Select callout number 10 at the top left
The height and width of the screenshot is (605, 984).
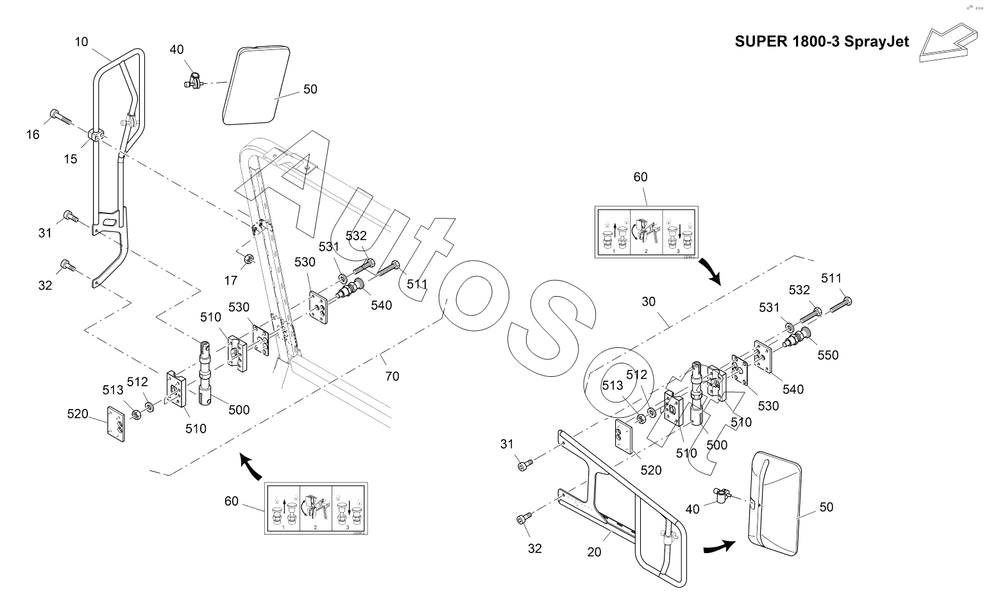click(81, 42)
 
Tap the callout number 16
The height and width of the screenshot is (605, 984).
click(33, 134)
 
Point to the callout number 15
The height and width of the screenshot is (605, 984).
click(70, 158)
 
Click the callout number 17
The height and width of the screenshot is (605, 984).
click(231, 280)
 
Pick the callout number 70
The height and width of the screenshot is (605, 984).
click(391, 376)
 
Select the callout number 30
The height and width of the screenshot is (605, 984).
click(649, 301)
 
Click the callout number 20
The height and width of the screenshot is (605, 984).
click(595, 551)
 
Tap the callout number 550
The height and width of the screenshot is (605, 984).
click(827, 354)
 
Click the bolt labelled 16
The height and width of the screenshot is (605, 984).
click(61, 119)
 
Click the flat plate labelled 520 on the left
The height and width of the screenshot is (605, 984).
click(117, 423)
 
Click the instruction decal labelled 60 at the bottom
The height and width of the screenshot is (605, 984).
click(315, 510)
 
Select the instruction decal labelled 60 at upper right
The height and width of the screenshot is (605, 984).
click(646, 232)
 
